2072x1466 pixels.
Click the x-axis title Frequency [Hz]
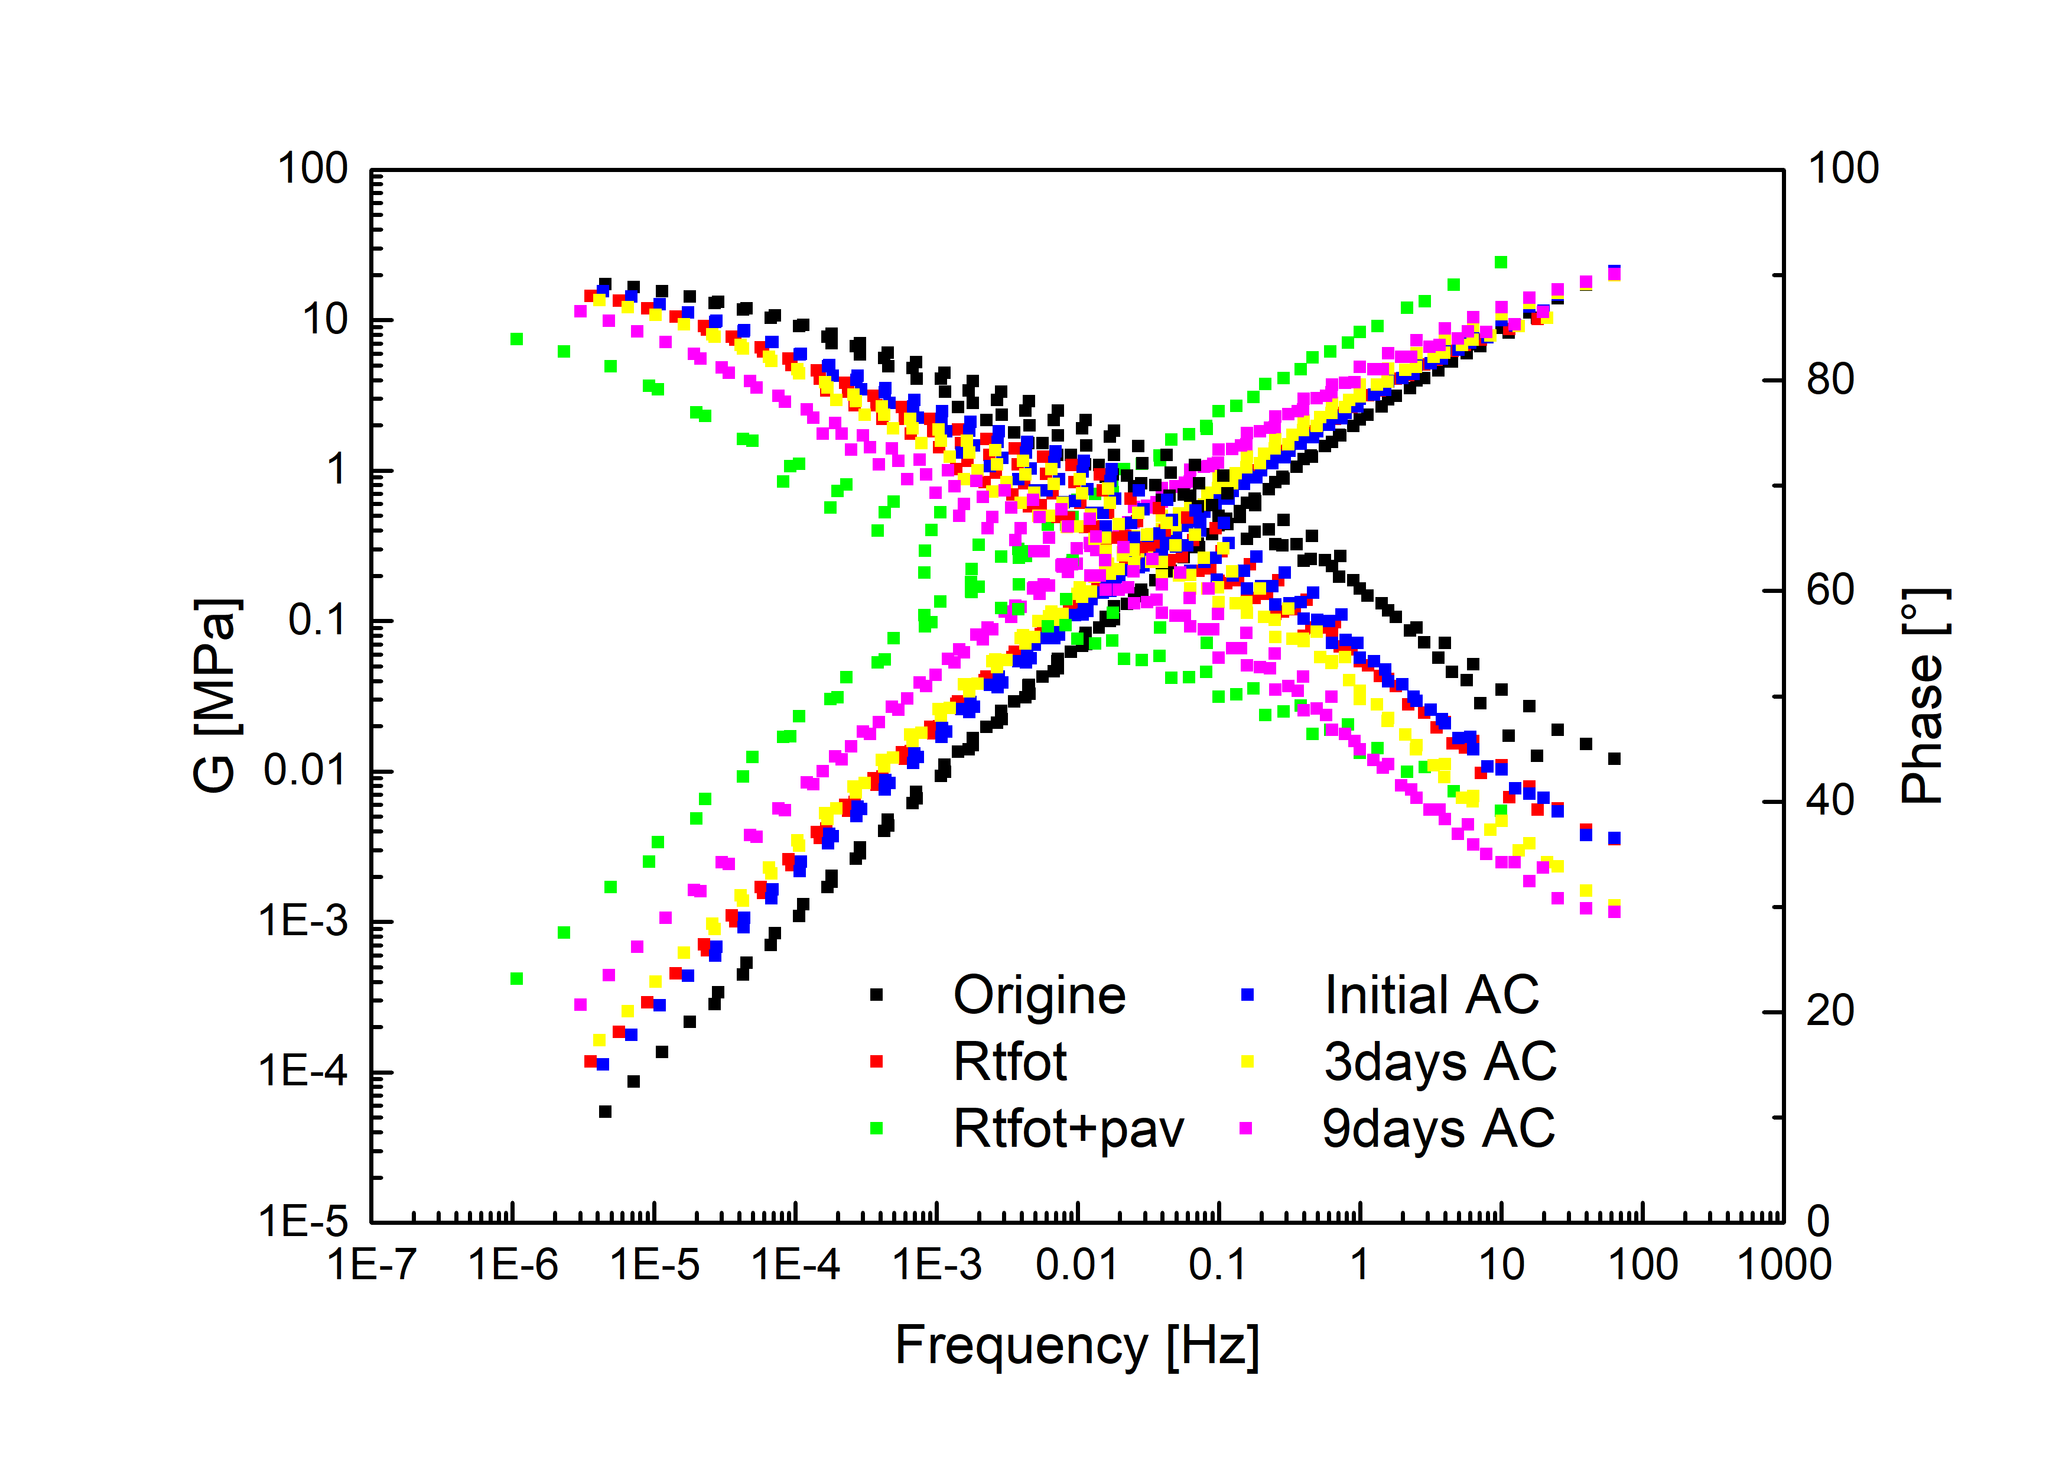coord(1076,1346)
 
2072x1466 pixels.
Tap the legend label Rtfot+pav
coord(1068,1128)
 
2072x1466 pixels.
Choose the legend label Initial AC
coord(1432,995)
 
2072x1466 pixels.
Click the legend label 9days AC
coord(1439,1128)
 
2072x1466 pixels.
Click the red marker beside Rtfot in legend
coord(876,1062)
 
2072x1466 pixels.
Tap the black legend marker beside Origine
coord(876,995)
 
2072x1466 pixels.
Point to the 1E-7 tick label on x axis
coord(372,1264)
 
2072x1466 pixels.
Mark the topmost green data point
coord(1501,262)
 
